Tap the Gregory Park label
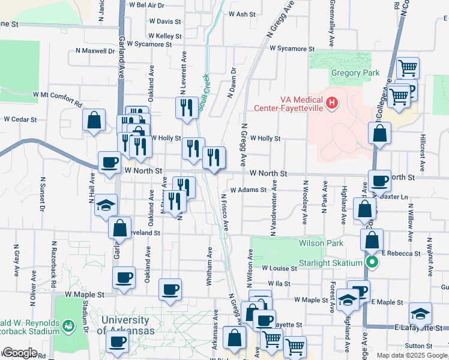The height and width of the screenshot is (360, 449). tap(355, 73)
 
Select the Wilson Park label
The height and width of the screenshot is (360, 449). tap(321, 243)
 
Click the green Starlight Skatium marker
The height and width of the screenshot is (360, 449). tap(372, 262)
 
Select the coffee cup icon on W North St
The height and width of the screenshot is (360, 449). tap(109, 162)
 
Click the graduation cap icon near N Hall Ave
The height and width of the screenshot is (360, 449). tap(106, 205)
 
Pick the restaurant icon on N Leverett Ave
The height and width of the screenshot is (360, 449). tap(186, 108)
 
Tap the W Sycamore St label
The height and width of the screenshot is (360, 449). tap(292, 48)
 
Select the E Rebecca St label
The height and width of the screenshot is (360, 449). tap(400, 253)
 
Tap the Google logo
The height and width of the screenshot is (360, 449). tap(19, 352)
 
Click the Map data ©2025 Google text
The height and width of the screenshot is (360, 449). tap(411, 355)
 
